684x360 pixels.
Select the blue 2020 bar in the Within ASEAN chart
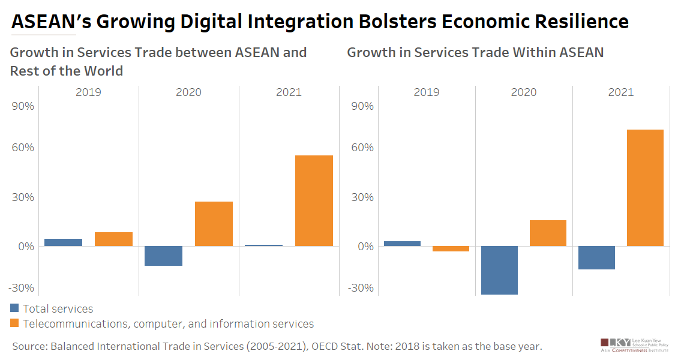[x=499, y=270]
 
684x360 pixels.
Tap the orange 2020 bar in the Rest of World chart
[x=214, y=224]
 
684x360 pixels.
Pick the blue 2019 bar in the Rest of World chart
[x=63, y=242]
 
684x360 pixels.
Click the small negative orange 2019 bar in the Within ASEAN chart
[x=451, y=248]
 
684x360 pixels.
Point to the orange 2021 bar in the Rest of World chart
[x=314, y=200]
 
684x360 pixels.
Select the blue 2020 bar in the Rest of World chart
[x=163, y=256]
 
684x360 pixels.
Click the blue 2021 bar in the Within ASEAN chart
[x=596, y=257]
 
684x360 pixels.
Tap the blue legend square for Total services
[x=15, y=309]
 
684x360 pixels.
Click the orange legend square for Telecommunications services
[x=15, y=324]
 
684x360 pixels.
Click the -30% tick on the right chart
[x=359, y=287]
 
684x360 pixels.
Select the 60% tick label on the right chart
[x=361, y=148]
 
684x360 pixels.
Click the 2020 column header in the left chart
[x=188, y=92]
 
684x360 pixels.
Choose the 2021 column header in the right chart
[x=620, y=92]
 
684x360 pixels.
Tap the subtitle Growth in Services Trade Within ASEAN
[x=475, y=52]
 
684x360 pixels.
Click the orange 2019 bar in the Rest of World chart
[x=113, y=239]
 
